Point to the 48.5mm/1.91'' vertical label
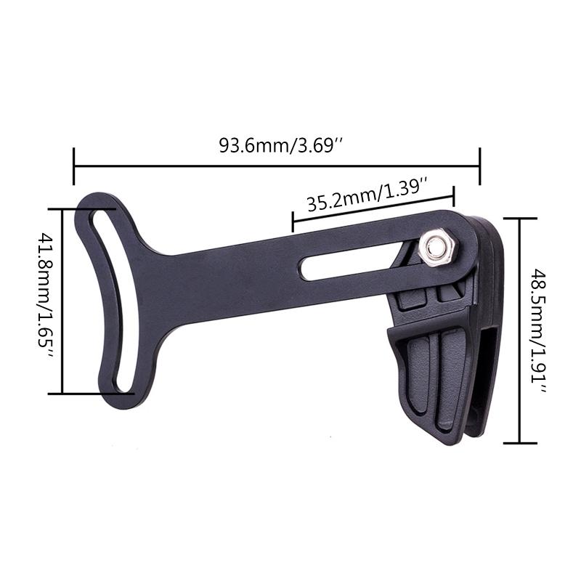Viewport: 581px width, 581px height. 540,330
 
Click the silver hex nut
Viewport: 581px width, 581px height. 436,248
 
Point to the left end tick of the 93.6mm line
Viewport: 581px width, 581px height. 74,166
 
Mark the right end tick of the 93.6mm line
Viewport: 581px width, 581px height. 479,166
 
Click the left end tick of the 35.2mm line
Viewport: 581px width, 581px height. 292,222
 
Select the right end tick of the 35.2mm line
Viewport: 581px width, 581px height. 454,196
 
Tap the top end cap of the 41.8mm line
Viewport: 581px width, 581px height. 83,209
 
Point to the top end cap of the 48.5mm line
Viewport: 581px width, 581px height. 520,218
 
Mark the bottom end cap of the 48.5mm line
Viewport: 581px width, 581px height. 520,442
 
